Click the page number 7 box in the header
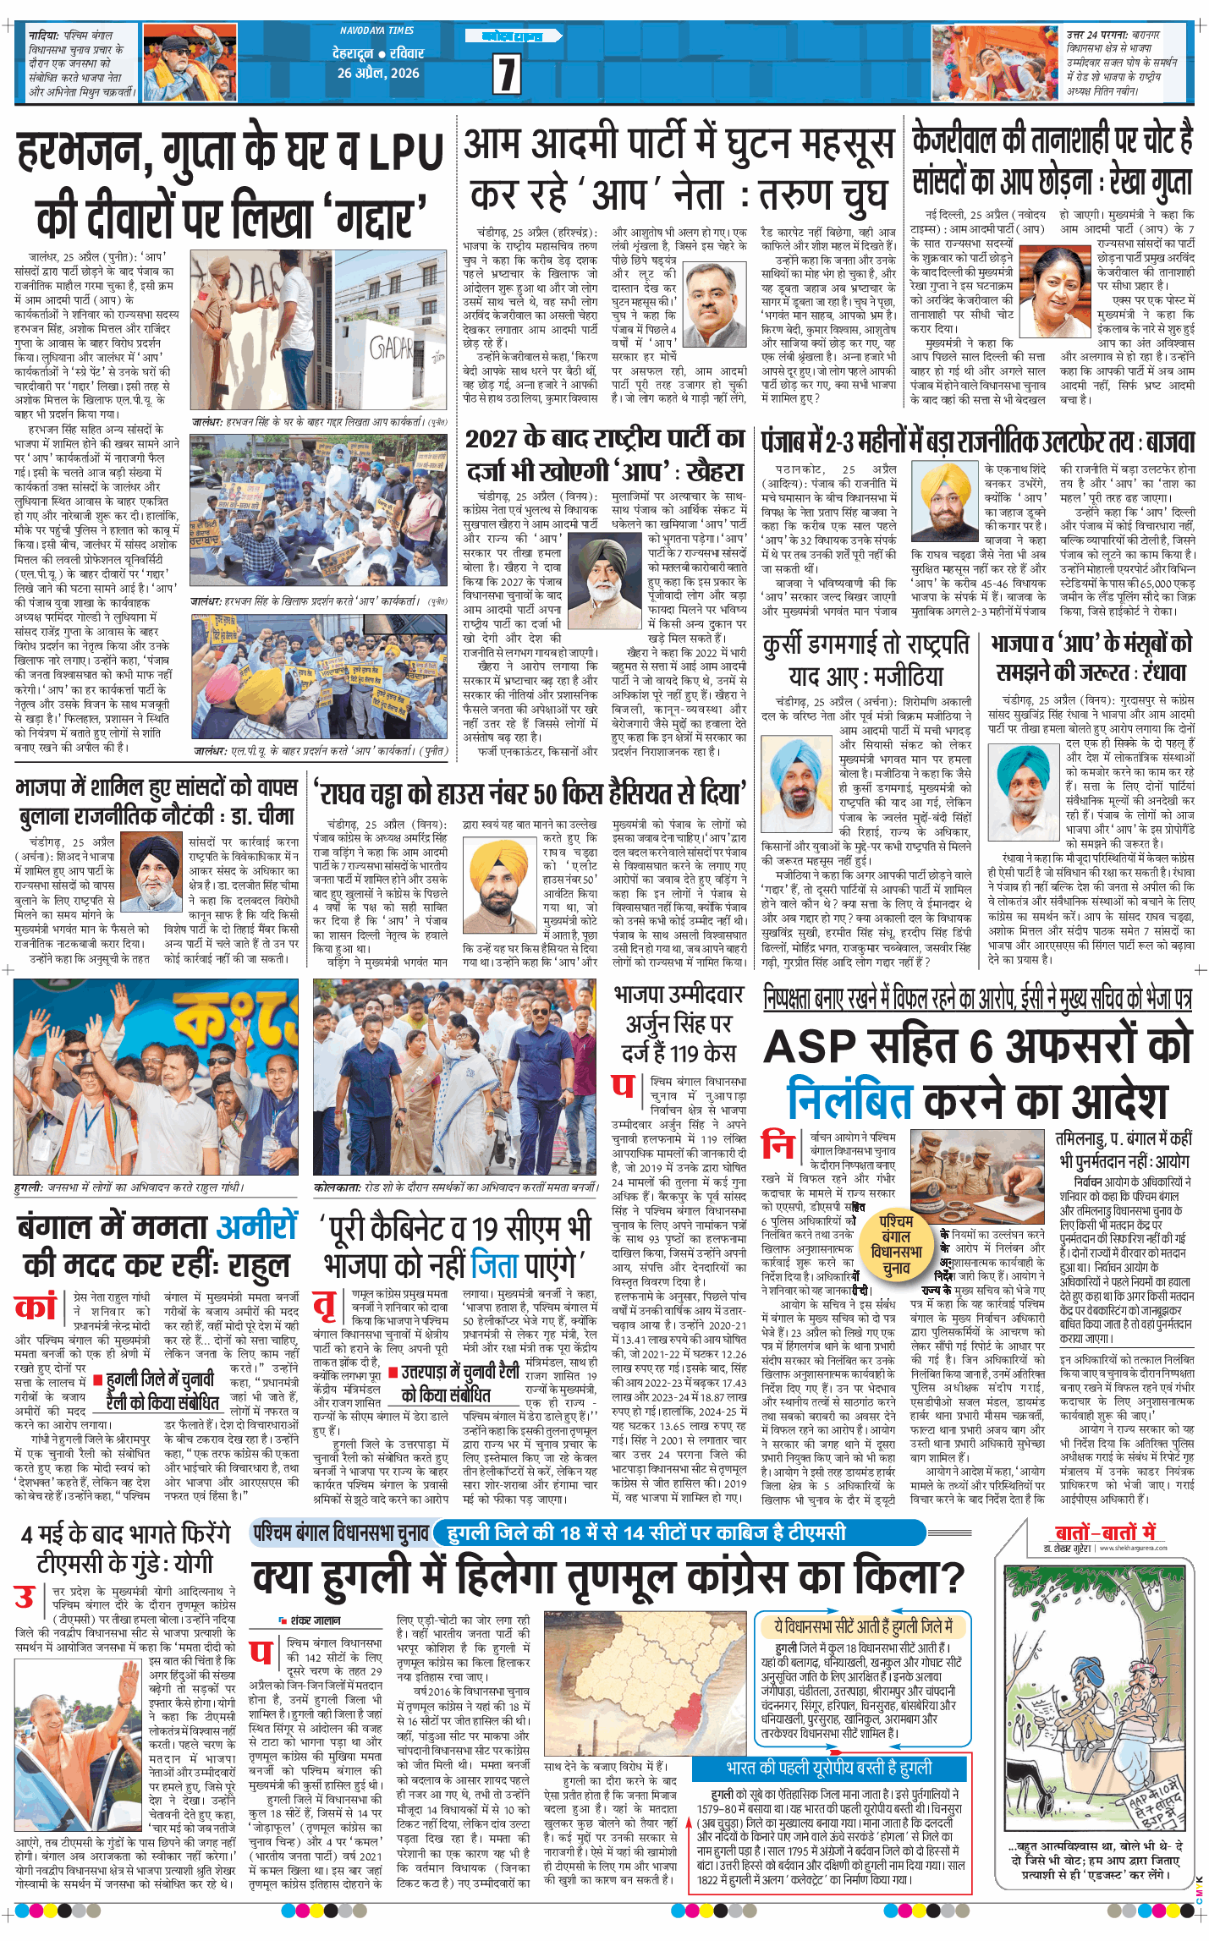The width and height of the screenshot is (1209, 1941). pyautogui.click(x=506, y=74)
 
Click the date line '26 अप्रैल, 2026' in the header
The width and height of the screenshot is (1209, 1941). pyautogui.click(x=378, y=73)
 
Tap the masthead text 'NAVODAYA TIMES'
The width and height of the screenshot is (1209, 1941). pyautogui.click(x=376, y=30)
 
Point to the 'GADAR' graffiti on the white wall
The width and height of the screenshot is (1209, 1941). pyautogui.click(x=391, y=348)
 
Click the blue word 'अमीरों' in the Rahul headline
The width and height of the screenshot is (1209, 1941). pyautogui.click(x=257, y=1226)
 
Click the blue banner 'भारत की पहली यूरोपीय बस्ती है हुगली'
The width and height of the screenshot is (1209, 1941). pyautogui.click(x=829, y=1768)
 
